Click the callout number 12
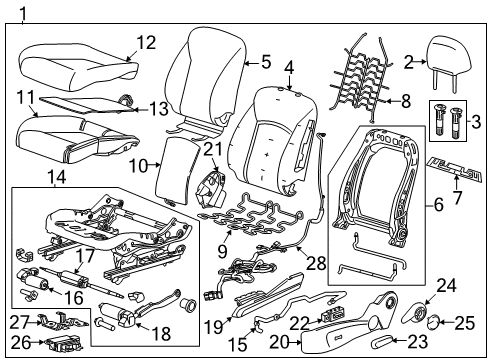pos(146,42)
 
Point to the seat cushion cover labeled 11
pos(70,136)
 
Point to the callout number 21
pos(210,150)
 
